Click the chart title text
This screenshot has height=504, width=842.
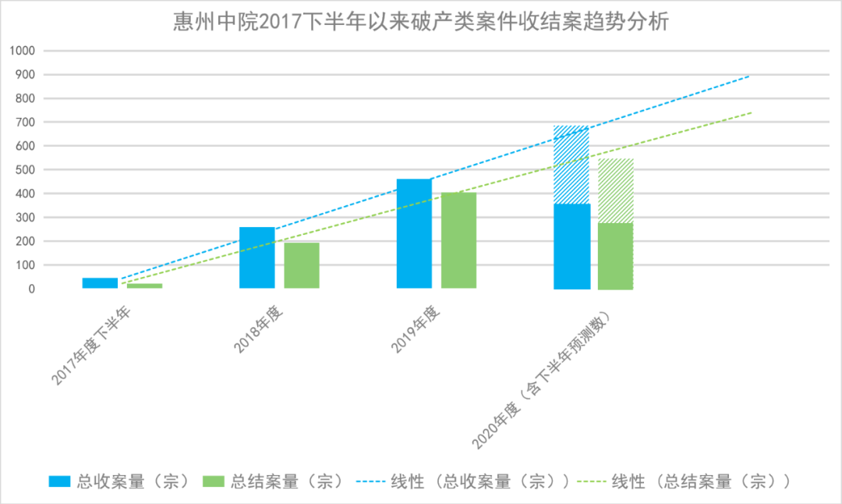pos(420,22)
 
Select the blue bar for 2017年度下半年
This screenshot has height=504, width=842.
pos(100,283)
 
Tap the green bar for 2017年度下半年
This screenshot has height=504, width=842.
pos(144,286)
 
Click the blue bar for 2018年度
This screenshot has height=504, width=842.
pos(256,257)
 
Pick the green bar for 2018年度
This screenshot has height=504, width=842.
pos(301,265)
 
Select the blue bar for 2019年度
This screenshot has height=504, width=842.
pos(414,234)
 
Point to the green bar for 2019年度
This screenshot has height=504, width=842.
pos(458,240)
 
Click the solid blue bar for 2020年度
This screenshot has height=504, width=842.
pos(571,246)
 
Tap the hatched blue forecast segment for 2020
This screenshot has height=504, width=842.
pos(571,164)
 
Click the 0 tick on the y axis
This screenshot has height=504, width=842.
pos(33,289)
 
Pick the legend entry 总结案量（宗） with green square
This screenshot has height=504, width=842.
pos(272,481)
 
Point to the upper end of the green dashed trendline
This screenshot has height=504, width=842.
pos(751,113)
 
